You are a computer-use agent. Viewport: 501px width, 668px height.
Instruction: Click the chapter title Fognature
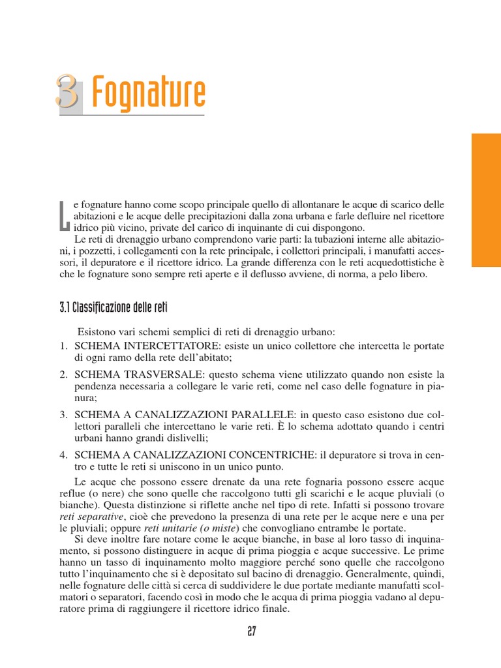click(x=149, y=93)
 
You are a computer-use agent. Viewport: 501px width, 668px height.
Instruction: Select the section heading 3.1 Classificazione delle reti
click(x=114, y=307)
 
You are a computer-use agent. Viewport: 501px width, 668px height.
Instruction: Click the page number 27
click(x=251, y=632)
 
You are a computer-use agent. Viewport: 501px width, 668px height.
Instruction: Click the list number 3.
click(x=64, y=414)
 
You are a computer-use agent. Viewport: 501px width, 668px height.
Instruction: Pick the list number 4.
click(x=64, y=454)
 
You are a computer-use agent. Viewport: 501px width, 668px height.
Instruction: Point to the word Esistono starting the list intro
click(x=97, y=332)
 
